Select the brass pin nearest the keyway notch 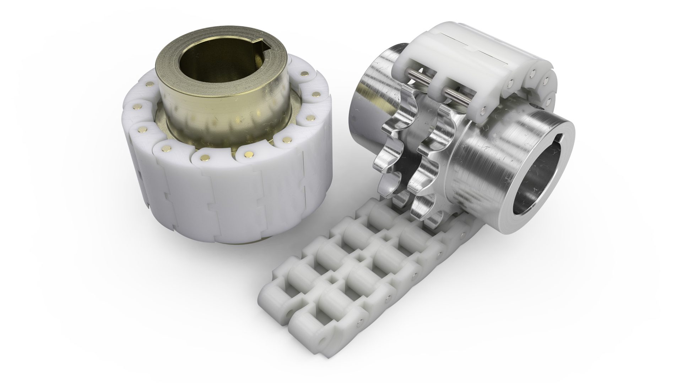(x=304, y=74)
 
